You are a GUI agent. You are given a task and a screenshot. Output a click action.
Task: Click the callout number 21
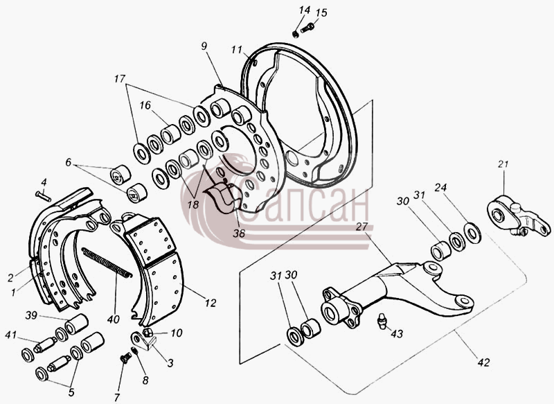coord(503,164)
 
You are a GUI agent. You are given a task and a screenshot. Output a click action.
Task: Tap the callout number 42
coord(483,362)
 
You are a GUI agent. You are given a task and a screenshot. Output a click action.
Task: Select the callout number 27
coord(361,227)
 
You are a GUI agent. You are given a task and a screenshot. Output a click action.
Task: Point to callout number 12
coord(211,303)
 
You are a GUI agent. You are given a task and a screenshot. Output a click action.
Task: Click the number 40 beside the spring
coord(113,319)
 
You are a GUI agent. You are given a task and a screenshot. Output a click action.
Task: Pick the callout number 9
coord(204,46)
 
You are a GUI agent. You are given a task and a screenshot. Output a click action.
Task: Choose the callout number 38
coord(239,233)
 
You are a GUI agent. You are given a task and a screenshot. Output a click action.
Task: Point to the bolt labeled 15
coord(307,28)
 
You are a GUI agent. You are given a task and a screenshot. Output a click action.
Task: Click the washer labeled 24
coord(472,233)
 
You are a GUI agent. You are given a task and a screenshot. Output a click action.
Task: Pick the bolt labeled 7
coord(125,358)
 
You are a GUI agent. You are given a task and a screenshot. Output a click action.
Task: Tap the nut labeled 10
coord(148,333)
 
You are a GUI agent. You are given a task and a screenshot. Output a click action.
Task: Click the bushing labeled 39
coord(76,324)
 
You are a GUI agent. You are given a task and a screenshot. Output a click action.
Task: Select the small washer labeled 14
coord(296,34)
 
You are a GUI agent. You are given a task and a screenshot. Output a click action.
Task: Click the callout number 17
coord(120,78)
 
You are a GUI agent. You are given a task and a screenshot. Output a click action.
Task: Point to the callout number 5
coord(71,392)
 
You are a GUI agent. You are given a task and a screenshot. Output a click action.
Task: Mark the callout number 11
coord(237,50)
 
